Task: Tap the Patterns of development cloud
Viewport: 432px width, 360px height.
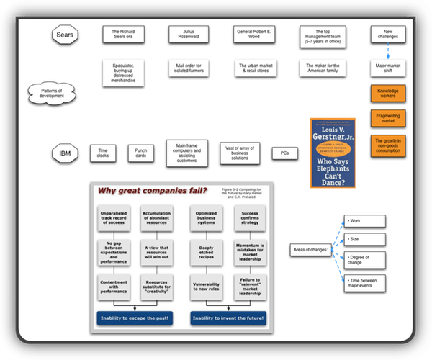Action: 50,92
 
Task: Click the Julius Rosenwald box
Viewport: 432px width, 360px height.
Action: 189,34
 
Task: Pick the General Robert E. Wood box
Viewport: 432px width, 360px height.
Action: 253,34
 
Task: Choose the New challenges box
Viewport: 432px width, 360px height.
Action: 387,34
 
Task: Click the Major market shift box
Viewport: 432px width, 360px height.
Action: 387,69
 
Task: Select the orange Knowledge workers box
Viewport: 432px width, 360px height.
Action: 387,94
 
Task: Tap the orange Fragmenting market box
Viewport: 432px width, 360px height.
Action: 387,117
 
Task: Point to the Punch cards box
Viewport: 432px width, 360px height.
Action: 141,153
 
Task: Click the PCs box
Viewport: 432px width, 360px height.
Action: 284,153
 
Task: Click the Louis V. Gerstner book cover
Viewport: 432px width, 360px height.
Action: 333,153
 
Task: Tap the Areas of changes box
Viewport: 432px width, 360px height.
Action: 311,248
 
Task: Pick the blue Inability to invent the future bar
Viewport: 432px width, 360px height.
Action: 228,317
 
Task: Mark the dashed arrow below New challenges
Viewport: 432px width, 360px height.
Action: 387,51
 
